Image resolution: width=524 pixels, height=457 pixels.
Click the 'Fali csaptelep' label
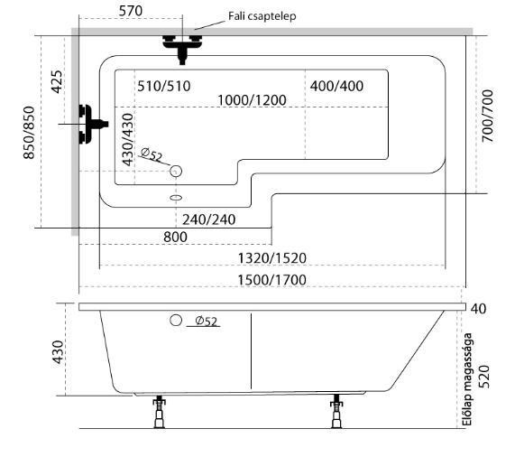[x=262, y=16]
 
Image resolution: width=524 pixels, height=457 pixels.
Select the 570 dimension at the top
[x=131, y=11]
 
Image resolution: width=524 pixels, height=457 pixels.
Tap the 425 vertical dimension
[x=57, y=82]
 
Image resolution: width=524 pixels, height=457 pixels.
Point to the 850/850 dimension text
[x=29, y=133]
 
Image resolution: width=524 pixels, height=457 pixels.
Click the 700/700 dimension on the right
[x=488, y=117]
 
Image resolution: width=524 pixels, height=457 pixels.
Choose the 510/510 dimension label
[x=164, y=86]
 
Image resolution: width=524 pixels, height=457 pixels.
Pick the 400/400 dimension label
[x=336, y=86]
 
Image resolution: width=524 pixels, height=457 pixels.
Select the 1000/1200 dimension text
[x=252, y=100]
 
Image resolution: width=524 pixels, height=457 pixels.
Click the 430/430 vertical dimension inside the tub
[x=128, y=139]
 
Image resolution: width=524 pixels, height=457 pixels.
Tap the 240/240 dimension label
[x=209, y=219]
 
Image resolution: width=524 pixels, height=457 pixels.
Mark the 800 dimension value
[x=175, y=237]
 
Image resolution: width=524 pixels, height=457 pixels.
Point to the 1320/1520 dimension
[x=272, y=258]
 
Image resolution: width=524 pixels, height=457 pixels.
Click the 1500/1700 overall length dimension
[x=271, y=280]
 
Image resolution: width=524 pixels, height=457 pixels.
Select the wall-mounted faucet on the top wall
[x=182, y=49]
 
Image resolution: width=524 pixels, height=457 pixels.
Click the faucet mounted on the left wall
[x=93, y=124]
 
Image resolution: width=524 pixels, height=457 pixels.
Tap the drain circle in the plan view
[x=176, y=171]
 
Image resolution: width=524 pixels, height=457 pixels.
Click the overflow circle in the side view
[x=176, y=320]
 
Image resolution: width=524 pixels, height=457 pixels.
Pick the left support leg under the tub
[x=160, y=412]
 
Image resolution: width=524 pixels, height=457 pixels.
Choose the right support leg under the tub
[x=336, y=411]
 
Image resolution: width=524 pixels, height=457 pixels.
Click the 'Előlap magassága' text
[x=467, y=379]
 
